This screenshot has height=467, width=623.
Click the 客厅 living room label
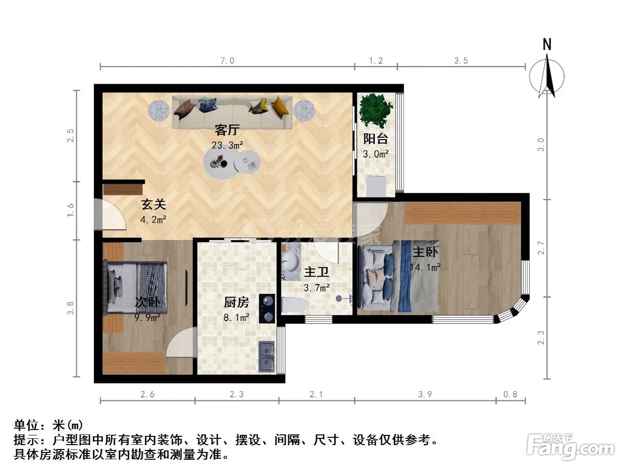coord(227,130)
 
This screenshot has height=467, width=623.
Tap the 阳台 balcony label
coord(376,139)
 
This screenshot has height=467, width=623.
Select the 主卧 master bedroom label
coord(425,252)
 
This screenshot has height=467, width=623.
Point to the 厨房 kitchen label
coord(237,302)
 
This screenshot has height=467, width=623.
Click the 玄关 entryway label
coord(153,204)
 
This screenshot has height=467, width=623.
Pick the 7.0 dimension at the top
coord(227,61)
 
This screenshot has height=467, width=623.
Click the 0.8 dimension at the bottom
coord(510,394)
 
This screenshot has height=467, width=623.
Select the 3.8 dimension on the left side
coord(71,308)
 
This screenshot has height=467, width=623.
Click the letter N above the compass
coord(547,45)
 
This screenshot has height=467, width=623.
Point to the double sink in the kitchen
coord(267,357)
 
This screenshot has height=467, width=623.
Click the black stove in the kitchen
coord(267,308)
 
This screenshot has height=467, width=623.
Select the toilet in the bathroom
coord(295,305)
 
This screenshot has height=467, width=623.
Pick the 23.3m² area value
coord(227,145)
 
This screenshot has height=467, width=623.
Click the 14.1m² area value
coord(425,267)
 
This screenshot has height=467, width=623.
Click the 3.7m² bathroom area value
coord(316,288)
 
